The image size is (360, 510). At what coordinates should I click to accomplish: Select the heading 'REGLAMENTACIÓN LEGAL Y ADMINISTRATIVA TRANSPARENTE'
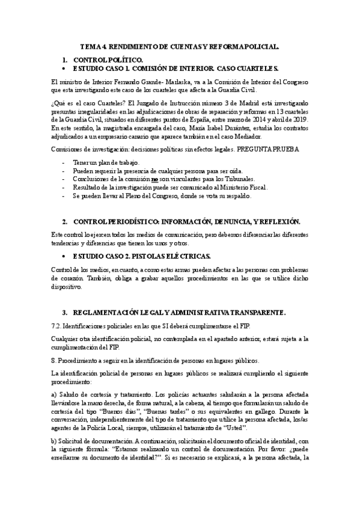point(179,313)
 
